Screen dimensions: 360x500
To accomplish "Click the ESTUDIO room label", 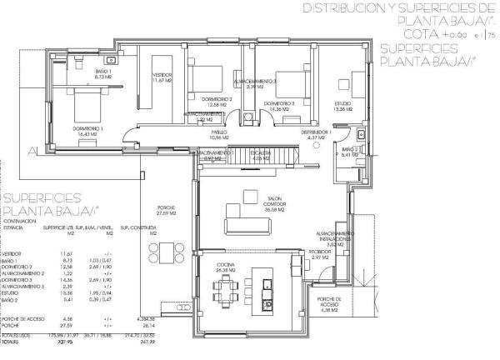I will pos(342,106).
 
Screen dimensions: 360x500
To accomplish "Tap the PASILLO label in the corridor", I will pos(218,133).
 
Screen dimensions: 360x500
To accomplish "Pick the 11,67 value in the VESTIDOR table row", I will pos(57,252).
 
